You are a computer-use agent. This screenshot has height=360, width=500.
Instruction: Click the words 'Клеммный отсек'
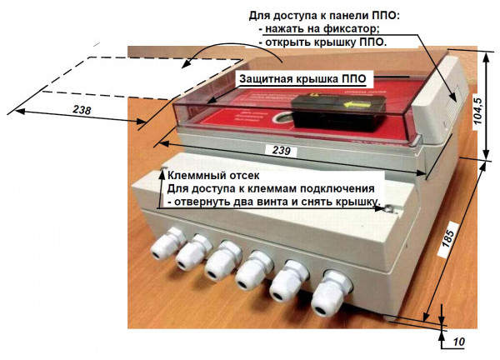[x=214, y=176]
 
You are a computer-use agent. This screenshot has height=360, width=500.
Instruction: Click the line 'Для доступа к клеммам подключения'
[x=273, y=189]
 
